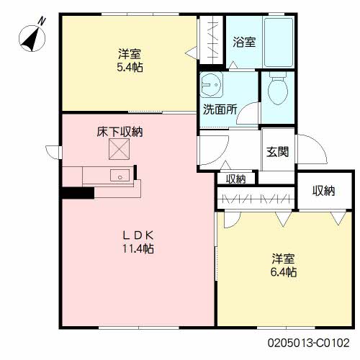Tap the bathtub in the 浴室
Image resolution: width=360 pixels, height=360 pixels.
[x=279, y=42]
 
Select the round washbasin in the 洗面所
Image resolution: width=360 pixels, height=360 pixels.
[x=212, y=84]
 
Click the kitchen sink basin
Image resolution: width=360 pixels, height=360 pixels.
[x=120, y=175]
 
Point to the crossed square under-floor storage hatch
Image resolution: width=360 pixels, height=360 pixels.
[x=119, y=149]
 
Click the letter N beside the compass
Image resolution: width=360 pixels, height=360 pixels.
[x=42, y=21]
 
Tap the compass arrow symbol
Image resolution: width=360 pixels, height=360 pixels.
[x=31, y=39]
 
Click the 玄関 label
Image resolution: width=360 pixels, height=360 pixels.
[x=277, y=152]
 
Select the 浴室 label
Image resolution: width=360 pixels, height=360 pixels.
[x=244, y=42]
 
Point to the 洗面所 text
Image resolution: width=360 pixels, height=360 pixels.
[x=220, y=109]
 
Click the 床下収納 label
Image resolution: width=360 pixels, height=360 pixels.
[x=120, y=132]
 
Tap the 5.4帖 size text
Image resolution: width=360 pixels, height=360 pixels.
[x=130, y=68]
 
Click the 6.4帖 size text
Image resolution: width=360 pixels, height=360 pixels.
[x=284, y=272]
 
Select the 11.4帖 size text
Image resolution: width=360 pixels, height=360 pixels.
[x=138, y=248]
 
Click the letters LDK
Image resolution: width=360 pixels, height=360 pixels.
[x=138, y=235]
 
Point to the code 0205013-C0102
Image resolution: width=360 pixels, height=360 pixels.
[x=308, y=343]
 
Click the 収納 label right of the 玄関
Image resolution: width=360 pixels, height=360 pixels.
[x=323, y=191]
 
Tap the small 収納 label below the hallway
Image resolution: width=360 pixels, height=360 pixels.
[x=235, y=179]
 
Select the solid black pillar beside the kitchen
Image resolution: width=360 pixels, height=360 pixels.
[x=78, y=193]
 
